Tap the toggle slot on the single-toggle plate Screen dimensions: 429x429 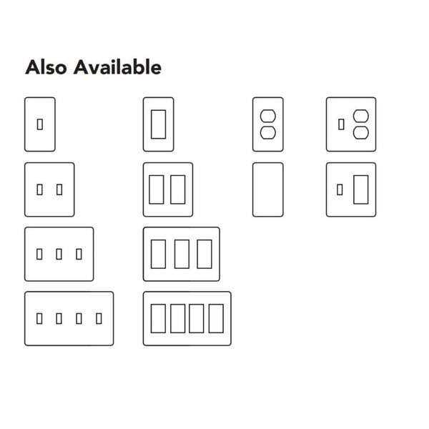40,124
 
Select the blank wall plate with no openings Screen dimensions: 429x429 267,189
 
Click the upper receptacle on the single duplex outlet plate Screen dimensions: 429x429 267,116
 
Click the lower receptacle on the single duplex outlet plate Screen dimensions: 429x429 267,133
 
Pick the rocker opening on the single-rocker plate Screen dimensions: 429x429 158,124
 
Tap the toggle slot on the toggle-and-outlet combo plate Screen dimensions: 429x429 340,124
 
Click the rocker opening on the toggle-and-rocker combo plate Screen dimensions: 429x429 361,189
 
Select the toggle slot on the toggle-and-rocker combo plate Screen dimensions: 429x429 340,189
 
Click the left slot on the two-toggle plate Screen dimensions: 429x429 39,189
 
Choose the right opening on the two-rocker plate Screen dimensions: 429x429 177,189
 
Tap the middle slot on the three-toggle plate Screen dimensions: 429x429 59,254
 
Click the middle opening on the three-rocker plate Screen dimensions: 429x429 181,254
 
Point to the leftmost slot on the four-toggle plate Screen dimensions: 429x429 39,318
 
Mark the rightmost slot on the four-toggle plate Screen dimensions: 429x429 98,318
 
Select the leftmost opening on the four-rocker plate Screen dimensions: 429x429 157,318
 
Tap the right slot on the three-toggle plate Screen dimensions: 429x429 79,254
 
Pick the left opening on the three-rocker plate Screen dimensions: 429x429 158,254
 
